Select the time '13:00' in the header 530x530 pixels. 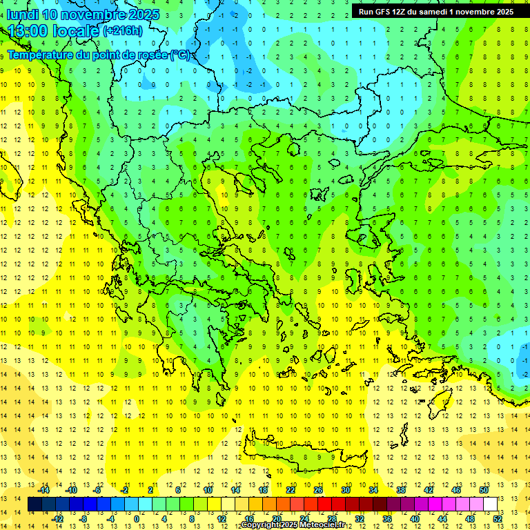click(28, 31)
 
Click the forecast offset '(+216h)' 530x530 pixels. click(122, 31)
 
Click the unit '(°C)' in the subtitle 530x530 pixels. click(181, 55)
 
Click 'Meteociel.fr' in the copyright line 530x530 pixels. click(322, 525)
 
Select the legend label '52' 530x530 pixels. click(498, 519)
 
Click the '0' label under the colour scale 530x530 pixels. click(137, 519)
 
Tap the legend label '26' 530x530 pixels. click(318, 490)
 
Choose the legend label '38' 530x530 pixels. click(400, 490)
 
